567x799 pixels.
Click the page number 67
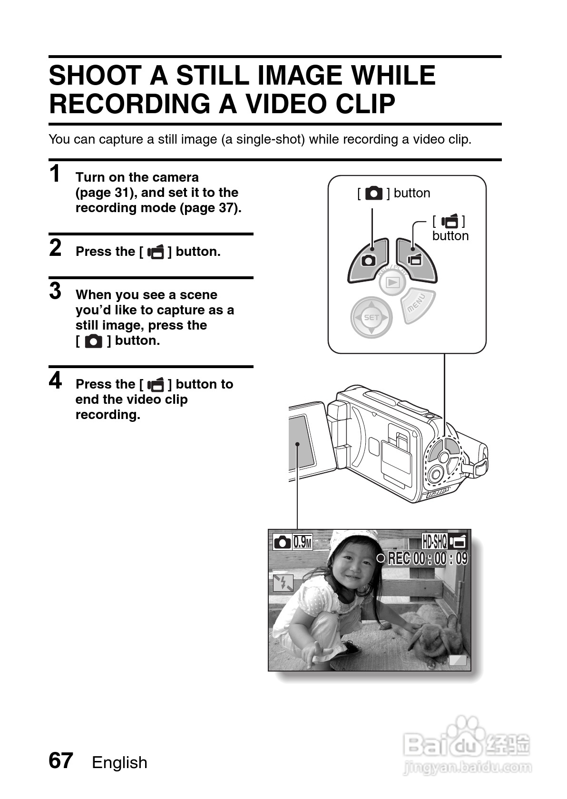click(x=60, y=760)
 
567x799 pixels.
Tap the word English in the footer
click(x=119, y=762)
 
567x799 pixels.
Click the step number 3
click(x=55, y=291)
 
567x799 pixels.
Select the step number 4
click(x=55, y=380)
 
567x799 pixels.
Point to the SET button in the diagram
click(x=371, y=317)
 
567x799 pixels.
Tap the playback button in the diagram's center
click(x=392, y=283)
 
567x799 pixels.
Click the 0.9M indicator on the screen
click(x=302, y=542)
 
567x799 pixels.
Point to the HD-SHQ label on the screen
click(x=434, y=541)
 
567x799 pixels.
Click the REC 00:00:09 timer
click(x=427, y=558)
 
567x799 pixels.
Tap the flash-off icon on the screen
click(x=283, y=583)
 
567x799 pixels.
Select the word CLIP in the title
click(x=367, y=104)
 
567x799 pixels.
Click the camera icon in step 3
click(x=93, y=341)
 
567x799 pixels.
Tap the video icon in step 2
click(x=156, y=252)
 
